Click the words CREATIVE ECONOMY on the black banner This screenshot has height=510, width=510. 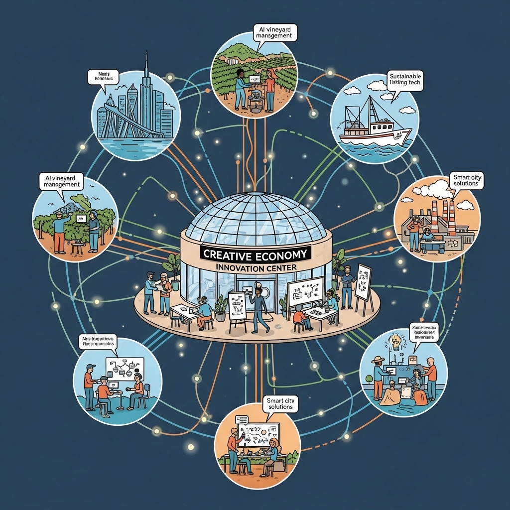(255, 254)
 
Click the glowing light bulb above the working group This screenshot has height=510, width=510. (396, 341)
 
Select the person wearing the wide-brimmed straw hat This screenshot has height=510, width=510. (379, 376)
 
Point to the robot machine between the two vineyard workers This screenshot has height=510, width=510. (255, 92)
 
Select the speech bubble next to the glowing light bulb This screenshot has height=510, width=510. (424, 331)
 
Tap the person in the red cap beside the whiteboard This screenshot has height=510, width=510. (89, 383)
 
